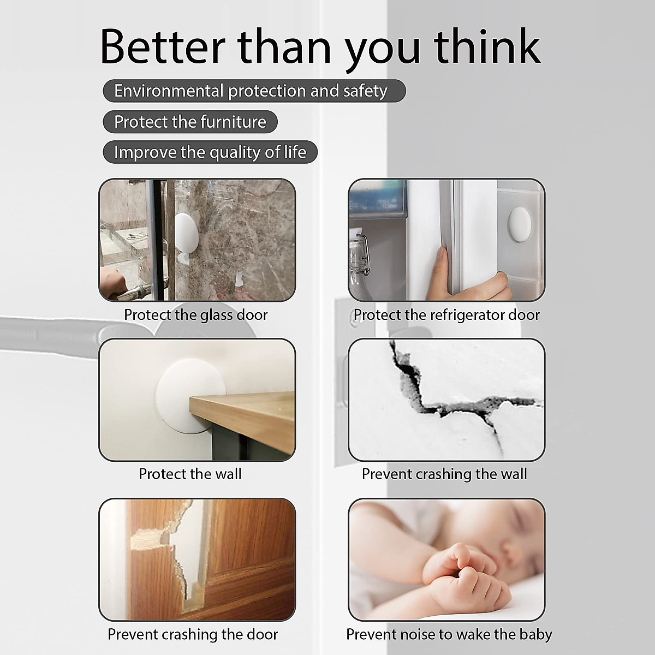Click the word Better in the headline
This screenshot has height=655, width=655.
[163, 46]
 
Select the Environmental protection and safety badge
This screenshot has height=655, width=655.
[254, 91]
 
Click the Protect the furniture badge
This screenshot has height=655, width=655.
[190, 122]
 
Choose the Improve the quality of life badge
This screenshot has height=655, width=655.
[210, 152]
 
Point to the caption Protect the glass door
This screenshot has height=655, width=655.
[196, 315]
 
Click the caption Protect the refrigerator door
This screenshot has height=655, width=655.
[446, 315]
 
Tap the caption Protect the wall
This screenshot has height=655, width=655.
[190, 474]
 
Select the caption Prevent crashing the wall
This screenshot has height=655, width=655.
[444, 474]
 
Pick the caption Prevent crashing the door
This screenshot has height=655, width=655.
[193, 634]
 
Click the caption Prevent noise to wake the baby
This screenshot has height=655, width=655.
[449, 635]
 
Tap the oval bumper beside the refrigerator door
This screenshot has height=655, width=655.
[520, 225]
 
